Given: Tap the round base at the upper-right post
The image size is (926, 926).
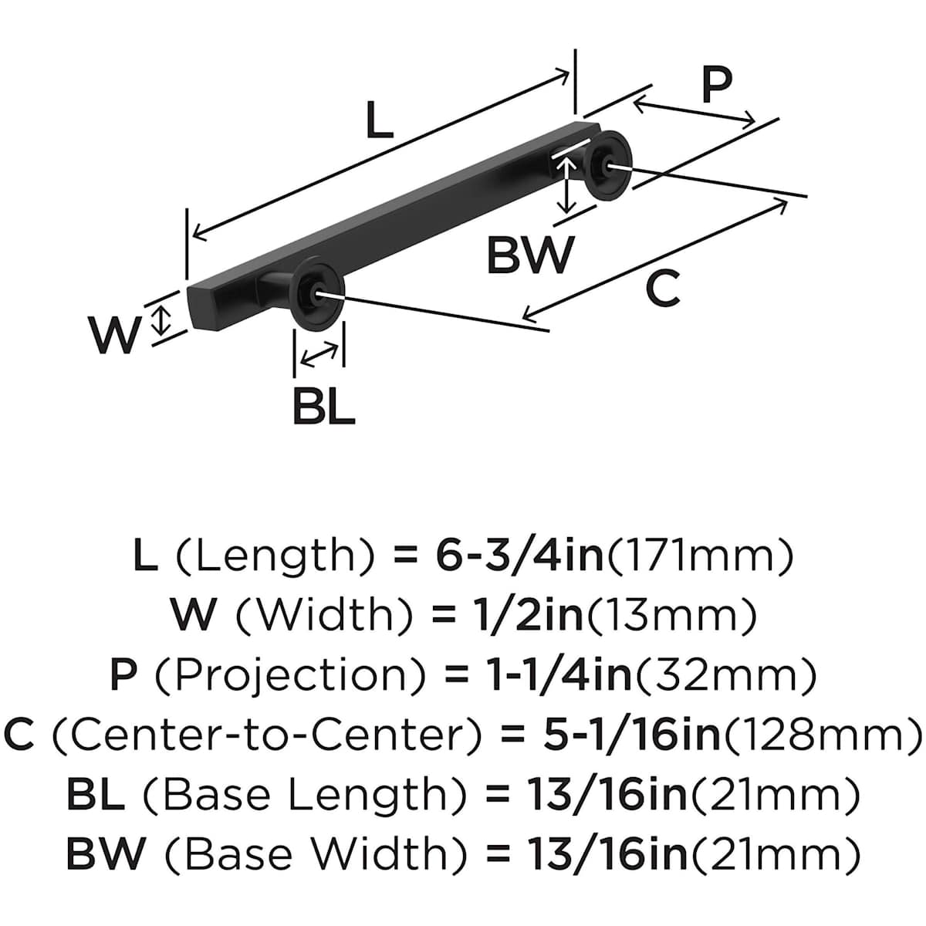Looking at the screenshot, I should pos(608,164).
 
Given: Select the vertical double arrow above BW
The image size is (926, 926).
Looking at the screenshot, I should pos(567,184).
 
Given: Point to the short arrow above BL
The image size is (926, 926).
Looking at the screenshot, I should pos(319,356).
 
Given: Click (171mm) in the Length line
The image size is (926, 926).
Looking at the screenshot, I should pos(700,556).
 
